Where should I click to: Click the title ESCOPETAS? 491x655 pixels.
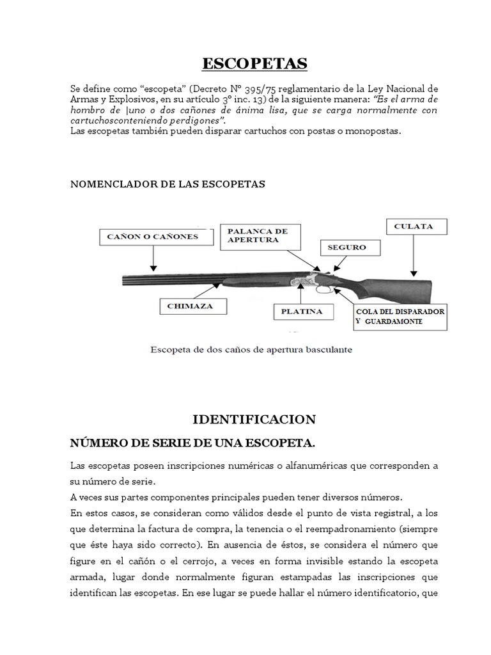click(254, 63)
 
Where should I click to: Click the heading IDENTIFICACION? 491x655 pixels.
click(254, 420)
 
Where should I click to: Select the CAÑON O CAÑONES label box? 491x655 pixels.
click(153, 237)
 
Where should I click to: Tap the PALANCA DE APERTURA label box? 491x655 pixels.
click(253, 235)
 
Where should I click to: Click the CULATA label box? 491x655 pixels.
click(417, 226)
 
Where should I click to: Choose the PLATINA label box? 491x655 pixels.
click(298, 312)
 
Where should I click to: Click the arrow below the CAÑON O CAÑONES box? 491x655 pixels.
click(153, 258)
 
